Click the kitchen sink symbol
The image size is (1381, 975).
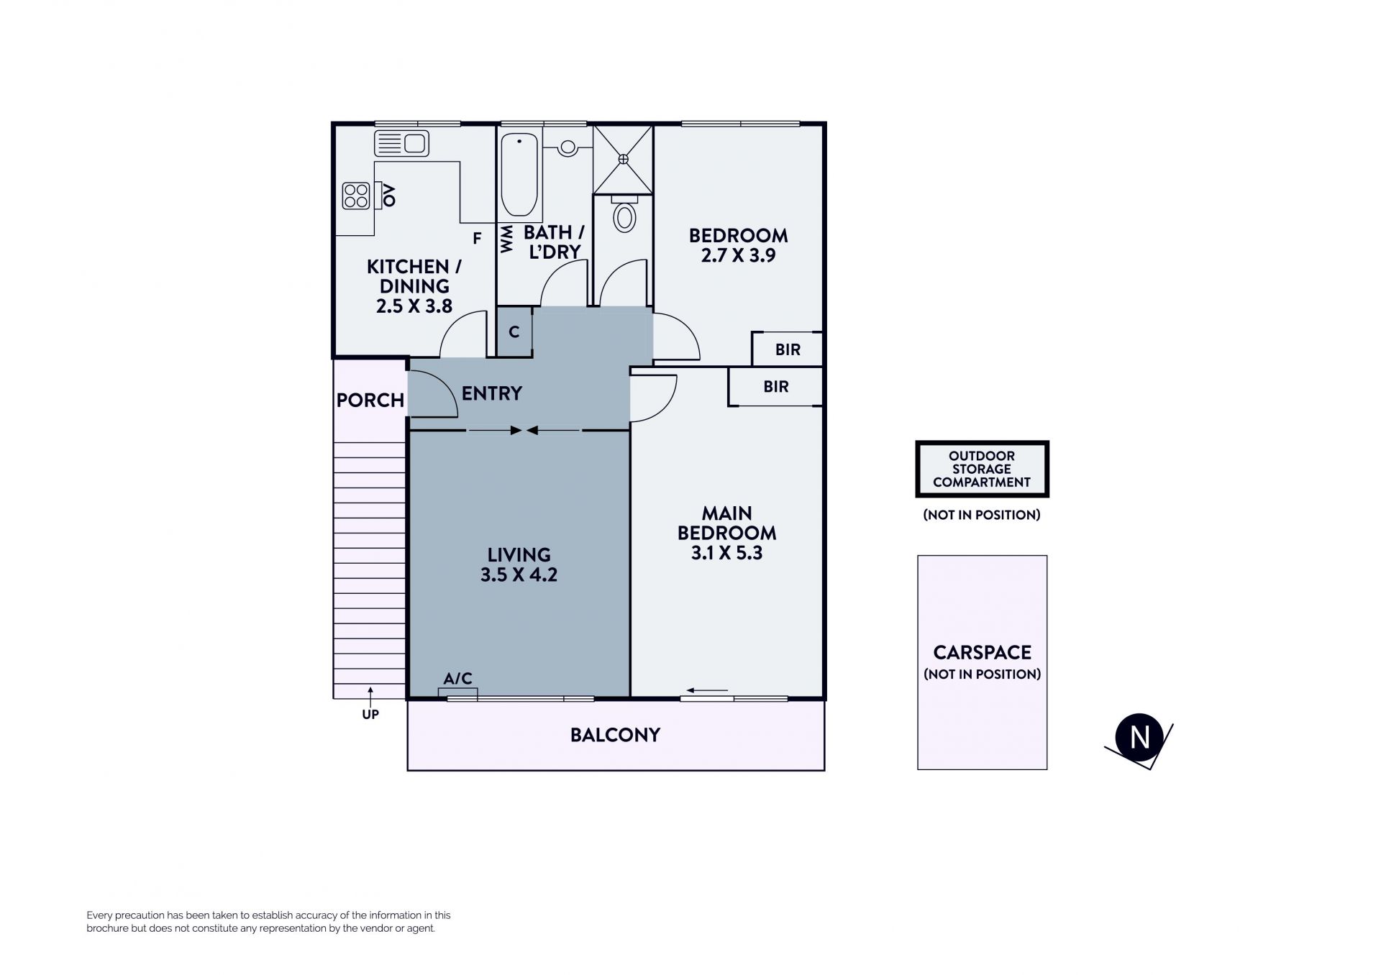401,143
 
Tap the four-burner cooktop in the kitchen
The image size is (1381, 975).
356,196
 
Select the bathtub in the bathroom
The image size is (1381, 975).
520,174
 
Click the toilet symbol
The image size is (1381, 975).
624,214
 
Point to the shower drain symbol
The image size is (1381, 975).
623,158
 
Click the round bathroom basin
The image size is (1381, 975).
568,147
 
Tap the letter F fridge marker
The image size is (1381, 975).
477,239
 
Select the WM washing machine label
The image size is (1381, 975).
506,239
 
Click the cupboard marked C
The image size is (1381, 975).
514,331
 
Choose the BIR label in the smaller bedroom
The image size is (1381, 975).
788,349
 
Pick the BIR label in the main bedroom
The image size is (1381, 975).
775,387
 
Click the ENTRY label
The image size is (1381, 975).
492,393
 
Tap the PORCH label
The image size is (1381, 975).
370,400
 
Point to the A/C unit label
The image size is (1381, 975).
457,678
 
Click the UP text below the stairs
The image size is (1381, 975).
370,714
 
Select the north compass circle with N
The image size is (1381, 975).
1139,737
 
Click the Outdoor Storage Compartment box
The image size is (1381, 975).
982,469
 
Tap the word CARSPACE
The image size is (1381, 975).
983,652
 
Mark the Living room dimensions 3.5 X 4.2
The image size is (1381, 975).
519,575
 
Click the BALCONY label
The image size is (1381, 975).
615,735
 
